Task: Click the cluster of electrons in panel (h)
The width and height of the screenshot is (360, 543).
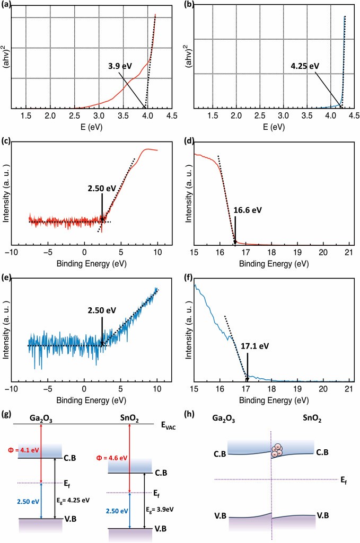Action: pos(278,452)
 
